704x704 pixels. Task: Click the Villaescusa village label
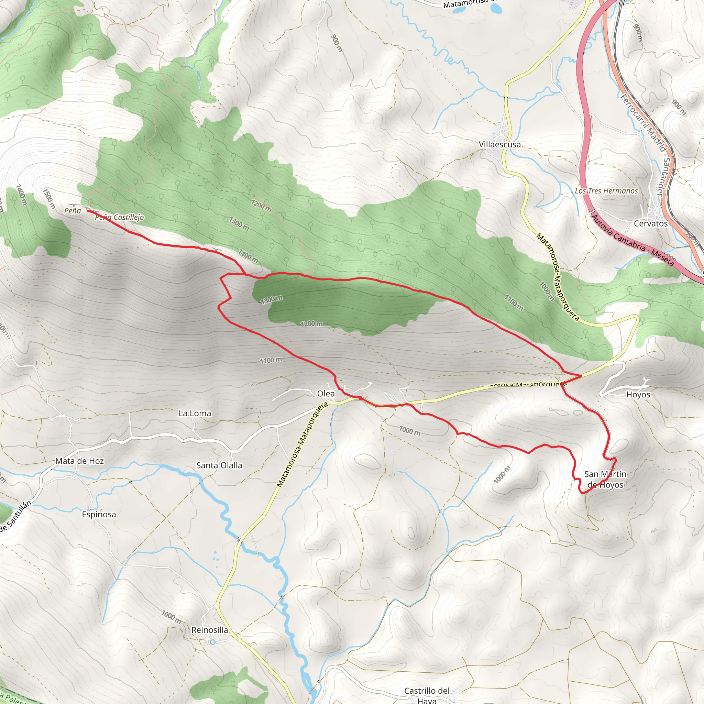point(499,145)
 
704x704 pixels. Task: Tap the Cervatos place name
point(651,223)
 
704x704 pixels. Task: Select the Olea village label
point(326,394)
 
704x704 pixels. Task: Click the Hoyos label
point(638,395)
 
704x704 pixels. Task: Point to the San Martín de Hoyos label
point(605,479)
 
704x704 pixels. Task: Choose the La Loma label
point(195,413)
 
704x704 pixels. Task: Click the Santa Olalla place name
point(219,465)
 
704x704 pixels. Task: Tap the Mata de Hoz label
point(79,461)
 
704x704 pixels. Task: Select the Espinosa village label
point(99,515)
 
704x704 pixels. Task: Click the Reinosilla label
point(210,630)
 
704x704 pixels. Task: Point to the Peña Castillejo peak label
point(119,218)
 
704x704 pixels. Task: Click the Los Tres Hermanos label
point(606,191)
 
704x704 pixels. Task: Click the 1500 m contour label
point(49,199)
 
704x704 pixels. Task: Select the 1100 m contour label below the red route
point(271,360)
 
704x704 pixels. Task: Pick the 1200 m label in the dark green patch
point(311,323)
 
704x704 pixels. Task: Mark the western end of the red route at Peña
point(88,211)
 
